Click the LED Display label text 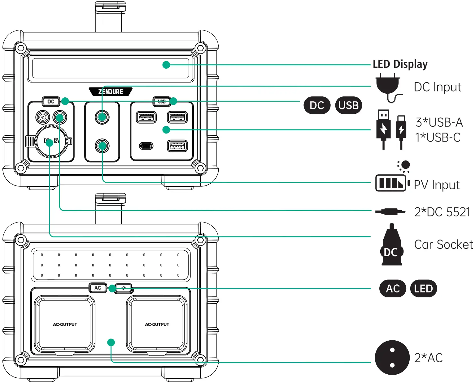click(x=400, y=64)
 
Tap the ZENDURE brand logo click(x=111, y=92)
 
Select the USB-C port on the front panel click(x=146, y=145)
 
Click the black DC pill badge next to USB click(x=317, y=105)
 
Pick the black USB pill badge click(x=348, y=105)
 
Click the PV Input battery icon click(x=391, y=182)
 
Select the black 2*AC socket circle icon click(x=392, y=358)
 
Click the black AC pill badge click(x=393, y=288)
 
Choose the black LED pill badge click(x=423, y=288)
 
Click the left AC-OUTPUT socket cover click(x=65, y=324)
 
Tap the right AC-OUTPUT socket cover click(x=157, y=324)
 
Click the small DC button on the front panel click(x=51, y=101)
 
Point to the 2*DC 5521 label click(x=442, y=212)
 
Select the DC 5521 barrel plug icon click(x=390, y=212)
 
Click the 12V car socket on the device click(x=51, y=142)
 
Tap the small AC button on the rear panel click(x=98, y=288)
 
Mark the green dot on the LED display click(x=166, y=65)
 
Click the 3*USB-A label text click(x=439, y=122)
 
